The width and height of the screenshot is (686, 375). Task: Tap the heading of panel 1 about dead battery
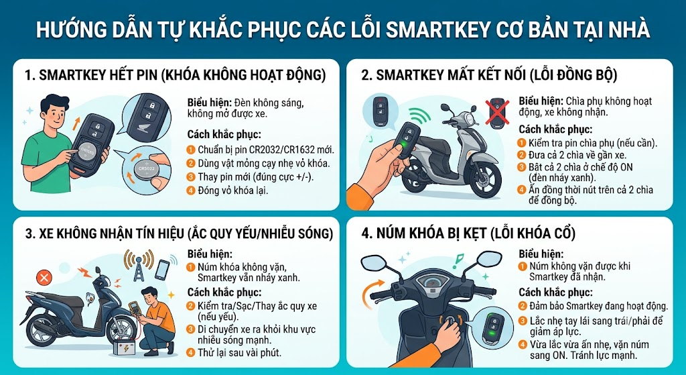coord(176,75)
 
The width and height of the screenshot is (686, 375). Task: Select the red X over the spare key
coord(498,112)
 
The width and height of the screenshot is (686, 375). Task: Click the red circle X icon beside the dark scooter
coord(44,277)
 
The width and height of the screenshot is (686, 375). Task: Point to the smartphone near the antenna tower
coord(162,270)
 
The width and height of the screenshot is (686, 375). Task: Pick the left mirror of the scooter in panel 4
coord(374,262)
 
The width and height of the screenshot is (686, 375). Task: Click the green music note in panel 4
coord(458,260)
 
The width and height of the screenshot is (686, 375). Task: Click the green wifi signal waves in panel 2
coord(420,115)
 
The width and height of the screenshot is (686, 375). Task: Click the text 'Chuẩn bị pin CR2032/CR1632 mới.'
coord(265,150)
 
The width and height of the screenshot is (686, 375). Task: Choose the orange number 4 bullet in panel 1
coord(191,191)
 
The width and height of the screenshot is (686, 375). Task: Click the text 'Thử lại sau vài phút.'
coord(239,352)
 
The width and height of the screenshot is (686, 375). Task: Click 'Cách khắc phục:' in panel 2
coord(555,129)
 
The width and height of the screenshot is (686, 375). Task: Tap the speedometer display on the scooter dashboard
coord(433,281)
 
